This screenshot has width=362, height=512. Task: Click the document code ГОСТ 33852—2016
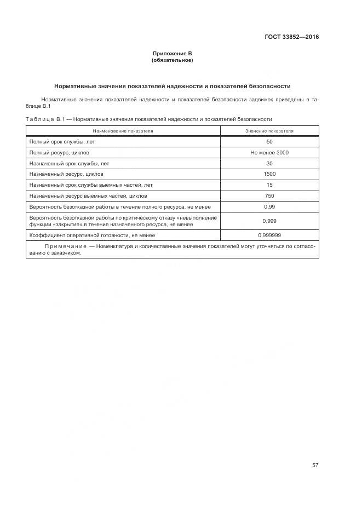click(x=291, y=37)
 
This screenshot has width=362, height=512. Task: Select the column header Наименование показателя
click(x=123, y=131)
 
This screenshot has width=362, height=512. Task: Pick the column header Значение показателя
click(x=269, y=131)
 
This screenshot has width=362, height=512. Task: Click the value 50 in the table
click(x=269, y=142)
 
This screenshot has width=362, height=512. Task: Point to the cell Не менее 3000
click(x=269, y=153)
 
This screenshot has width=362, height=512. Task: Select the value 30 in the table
click(x=269, y=163)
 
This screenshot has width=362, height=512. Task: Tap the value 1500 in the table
click(x=269, y=174)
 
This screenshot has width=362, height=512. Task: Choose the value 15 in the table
click(x=269, y=185)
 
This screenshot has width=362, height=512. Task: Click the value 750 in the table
click(x=269, y=195)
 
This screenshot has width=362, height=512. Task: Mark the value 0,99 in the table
click(x=269, y=206)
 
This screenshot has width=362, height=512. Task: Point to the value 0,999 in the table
click(x=269, y=221)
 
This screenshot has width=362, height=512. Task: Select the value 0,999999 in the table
click(x=269, y=235)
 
